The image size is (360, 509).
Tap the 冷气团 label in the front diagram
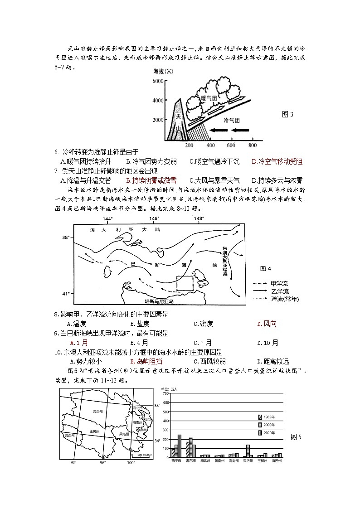point(231,120)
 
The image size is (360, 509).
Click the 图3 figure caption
point(287,114)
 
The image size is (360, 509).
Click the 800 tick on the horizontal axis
point(253,145)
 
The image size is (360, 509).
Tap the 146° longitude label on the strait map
point(154,219)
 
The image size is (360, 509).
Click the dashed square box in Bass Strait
point(185,283)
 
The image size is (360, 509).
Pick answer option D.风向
point(267,324)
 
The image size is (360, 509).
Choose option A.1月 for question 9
point(75,343)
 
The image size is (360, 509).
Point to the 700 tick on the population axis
point(165,393)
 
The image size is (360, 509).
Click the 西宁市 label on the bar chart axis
point(176,461)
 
